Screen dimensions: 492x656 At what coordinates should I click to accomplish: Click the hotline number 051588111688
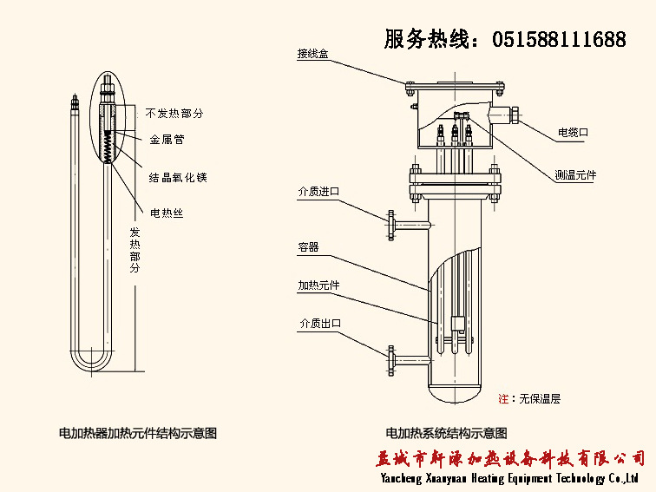click(559, 39)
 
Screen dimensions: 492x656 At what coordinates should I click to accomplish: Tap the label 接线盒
click(312, 54)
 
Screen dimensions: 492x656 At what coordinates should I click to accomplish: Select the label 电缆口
click(573, 133)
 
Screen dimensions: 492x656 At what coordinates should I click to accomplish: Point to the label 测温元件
click(575, 175)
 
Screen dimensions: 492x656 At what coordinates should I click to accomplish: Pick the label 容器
click(308, 247)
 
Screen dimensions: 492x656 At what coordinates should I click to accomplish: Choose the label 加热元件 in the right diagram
click(318, 285)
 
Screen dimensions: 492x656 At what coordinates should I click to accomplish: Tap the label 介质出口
click(318, 324)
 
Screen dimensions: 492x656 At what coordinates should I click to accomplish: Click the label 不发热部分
click(174, 114)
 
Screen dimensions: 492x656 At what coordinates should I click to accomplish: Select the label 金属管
click(167, 139)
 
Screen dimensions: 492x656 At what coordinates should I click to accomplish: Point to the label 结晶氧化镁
click(178, 177)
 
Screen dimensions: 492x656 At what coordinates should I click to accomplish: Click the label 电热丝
click(167, 213)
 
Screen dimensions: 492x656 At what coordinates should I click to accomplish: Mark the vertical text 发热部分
click(134, 251)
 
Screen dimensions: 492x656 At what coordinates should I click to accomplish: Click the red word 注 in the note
click(503, 399)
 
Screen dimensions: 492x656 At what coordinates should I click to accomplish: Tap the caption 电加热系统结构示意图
click(446, 433)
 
